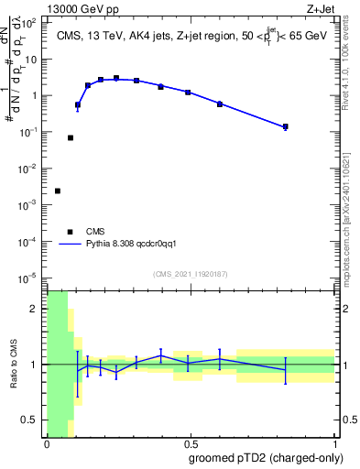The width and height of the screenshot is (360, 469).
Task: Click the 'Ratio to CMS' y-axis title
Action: pyautogui.click(x=14, y=364)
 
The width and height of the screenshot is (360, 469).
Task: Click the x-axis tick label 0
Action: pyautogui.click(x=47, y=443)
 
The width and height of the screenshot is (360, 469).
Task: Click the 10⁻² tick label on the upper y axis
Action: pyautogui.click(x=31, y=168)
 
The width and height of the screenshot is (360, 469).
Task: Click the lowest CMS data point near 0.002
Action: pyautogui.click(x=58, y=191)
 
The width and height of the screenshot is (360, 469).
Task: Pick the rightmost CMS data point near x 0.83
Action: pyautogui.click(x=286, y=126)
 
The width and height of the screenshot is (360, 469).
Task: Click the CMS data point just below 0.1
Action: pyautogui.click(x=71, y=137)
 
